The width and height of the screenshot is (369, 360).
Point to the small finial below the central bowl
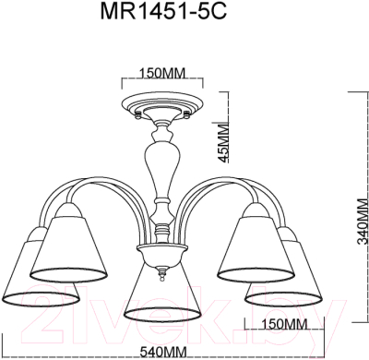point(164,274)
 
